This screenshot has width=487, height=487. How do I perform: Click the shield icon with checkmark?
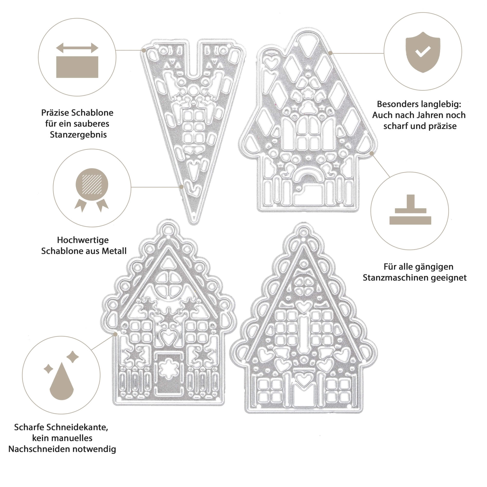tap(423, 52)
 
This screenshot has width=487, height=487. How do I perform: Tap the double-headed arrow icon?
tap(77, 48)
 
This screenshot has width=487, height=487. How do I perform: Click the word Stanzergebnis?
tap(78, 135)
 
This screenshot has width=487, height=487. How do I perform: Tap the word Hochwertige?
tap(83, 240)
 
